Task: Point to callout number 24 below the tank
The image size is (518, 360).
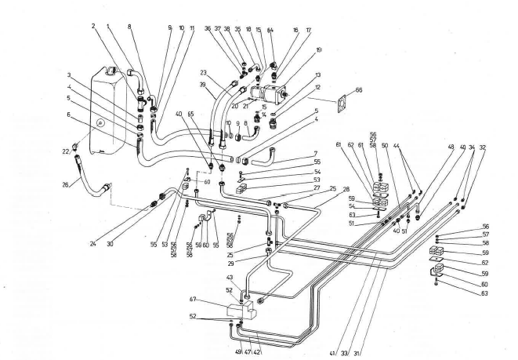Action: coord(92,243)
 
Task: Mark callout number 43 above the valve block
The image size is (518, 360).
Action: coord(229,278)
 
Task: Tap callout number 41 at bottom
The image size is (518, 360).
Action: coord(332,354)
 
